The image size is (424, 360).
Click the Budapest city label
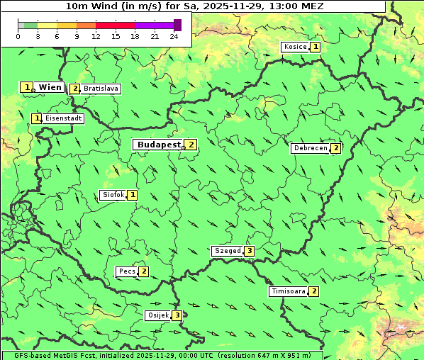click(x=159, y=145)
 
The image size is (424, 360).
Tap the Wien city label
click(x=50, y=87)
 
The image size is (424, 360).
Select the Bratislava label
click(x=100, y=89)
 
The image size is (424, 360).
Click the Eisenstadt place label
click(x=64, y=119)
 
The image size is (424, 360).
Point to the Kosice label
click(x=295, y=47)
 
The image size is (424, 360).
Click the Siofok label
click(x=113, y=195)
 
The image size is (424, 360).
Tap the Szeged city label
click(x=228, y=251)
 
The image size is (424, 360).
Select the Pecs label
click(x=127, y=271)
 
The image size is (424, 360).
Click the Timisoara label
click(x=288, y=291)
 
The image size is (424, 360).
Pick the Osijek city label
click(x=157, y=315)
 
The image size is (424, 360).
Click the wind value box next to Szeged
click(x=249, y=251)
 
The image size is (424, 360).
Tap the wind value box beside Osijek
click(x=177, y=315)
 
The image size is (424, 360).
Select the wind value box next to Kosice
click(x=315, y=47)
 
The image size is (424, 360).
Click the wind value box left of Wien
click(x=27, y=87)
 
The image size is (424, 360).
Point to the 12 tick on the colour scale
click(x=96, y=36)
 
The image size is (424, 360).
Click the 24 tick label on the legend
click(x=174, y=36)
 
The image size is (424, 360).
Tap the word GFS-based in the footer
click(x=21, y=355)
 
